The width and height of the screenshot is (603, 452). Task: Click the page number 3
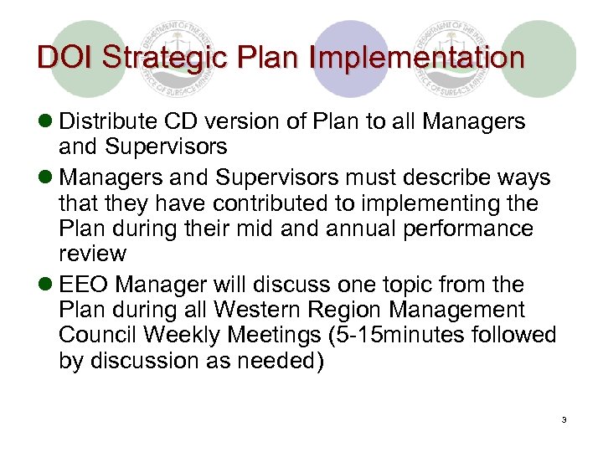pos(565,419)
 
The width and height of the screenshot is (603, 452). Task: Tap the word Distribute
pos(106,122)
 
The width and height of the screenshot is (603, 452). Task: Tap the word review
pos(92,253)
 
